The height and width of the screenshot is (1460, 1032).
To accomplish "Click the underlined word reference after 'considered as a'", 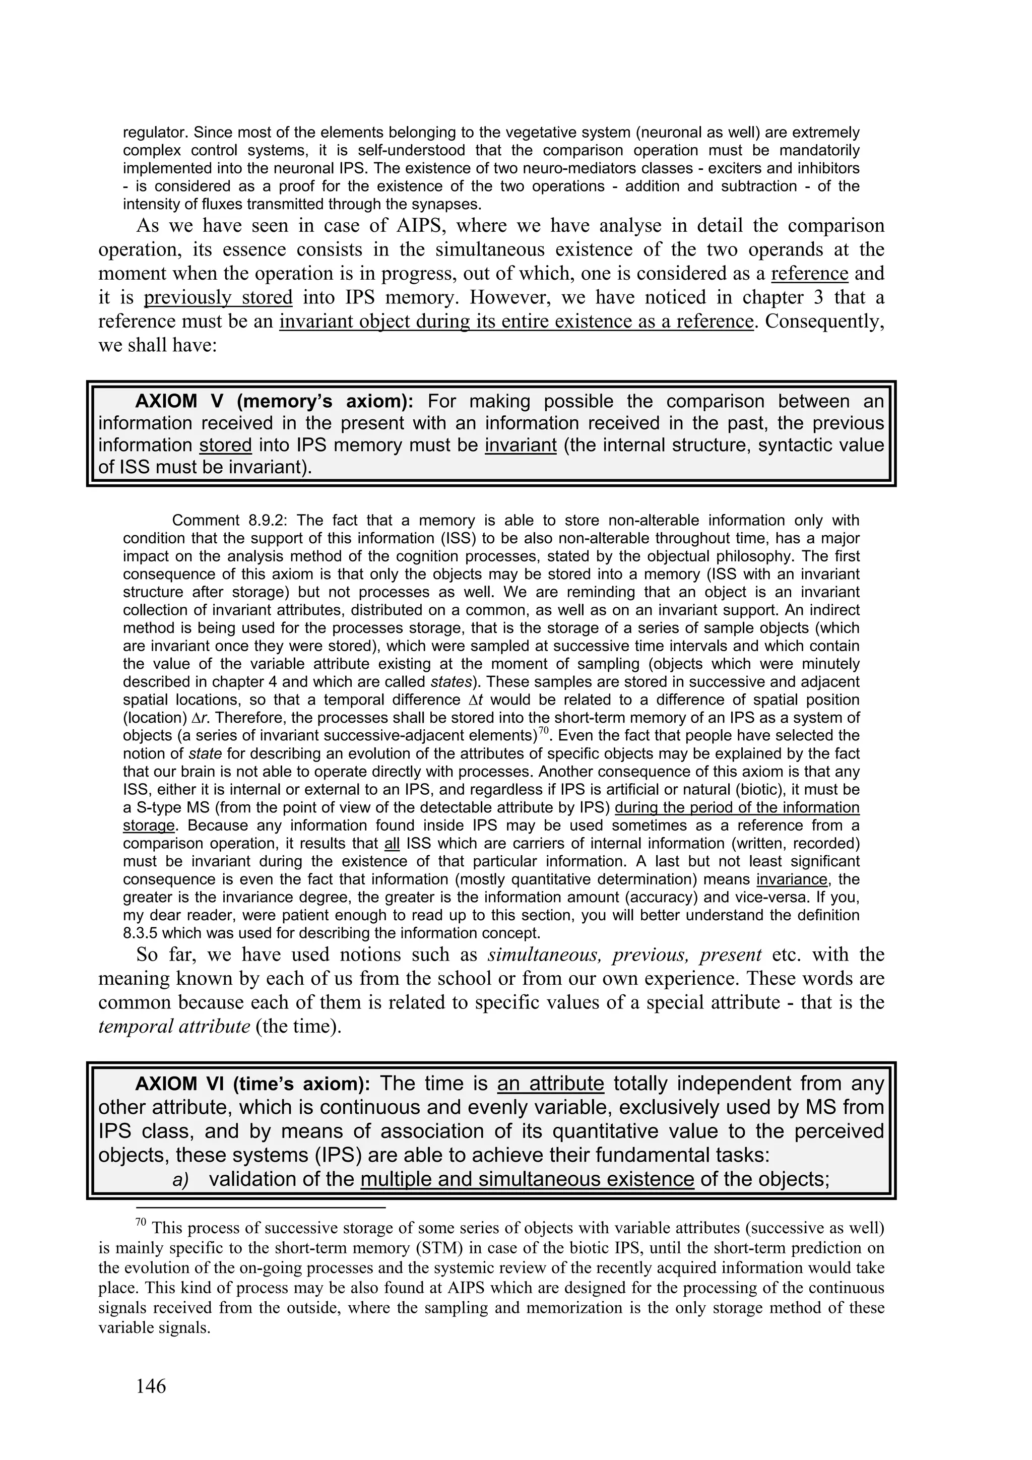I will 809,274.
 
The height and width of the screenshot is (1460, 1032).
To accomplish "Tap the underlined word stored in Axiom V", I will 226,445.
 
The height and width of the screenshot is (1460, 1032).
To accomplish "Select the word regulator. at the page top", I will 155,133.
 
